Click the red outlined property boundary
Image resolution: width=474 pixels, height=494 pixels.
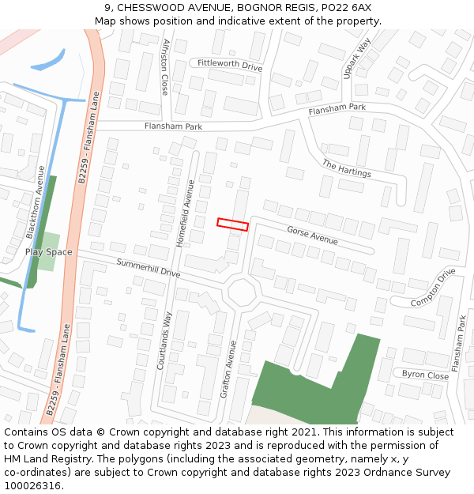click(233, 224)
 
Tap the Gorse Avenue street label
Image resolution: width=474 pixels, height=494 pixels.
click(312, 235)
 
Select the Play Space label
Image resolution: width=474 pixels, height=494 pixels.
click(48, 252)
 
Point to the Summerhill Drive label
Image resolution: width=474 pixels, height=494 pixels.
click(149, 268)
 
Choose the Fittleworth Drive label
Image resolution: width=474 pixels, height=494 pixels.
click(230, 65)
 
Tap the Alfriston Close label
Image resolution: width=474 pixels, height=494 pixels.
click(165, 66)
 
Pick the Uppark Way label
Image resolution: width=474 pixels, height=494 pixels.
click(357, 58)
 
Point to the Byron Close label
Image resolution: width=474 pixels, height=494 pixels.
click(425, 375)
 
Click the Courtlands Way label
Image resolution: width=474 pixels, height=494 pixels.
click(167, 345)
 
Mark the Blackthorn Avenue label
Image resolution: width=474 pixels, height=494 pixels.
click(36, 202)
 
